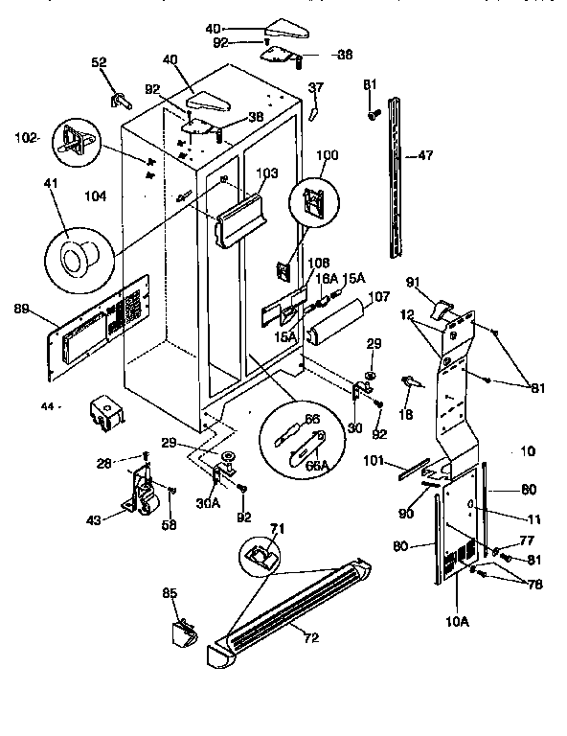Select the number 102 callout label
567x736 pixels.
[26, 137]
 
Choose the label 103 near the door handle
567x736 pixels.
[267, 173]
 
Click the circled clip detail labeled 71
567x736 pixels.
[261, 555]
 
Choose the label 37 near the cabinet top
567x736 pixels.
[316, 89]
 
